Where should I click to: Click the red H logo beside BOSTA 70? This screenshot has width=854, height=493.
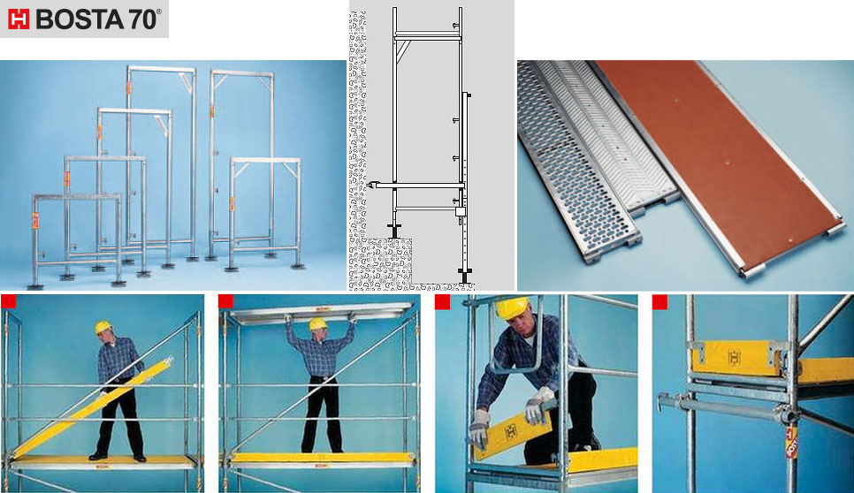click(18, 19)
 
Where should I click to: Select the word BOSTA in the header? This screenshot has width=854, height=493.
click(80, 19)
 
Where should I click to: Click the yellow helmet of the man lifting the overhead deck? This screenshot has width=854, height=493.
click(318, 323)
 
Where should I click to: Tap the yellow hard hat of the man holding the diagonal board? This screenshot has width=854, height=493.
click(103, 327)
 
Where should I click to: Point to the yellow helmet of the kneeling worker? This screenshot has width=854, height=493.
click(513, 307)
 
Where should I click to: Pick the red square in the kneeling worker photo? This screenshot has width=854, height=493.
click(443, 302)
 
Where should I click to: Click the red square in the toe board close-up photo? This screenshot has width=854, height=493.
click(660, 302)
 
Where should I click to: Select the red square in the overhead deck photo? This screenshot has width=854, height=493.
click(226, 302)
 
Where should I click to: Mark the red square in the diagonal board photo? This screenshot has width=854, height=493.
click(9, 302)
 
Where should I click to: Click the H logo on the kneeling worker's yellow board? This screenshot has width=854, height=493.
click(511, 431)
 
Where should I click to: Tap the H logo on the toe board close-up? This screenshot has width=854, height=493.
click(734, 358)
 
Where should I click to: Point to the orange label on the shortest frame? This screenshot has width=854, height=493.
click(35, 220)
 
